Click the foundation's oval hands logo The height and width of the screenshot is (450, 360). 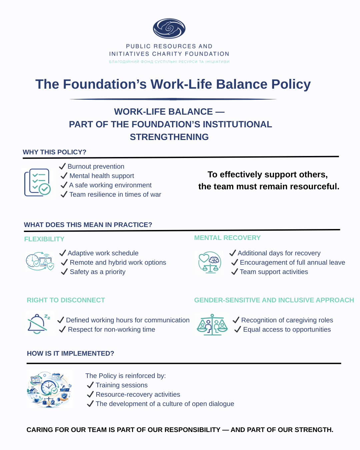click(x=169, y=28)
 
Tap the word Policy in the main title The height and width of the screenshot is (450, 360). click(x=291, y=84)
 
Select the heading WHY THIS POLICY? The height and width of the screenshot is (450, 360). click(x=54, y=152)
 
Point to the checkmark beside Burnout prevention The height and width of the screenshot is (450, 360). click(x=62, y=166)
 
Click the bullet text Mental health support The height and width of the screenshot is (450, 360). click(x=102, y=176)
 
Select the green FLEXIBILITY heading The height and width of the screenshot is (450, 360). click(x=44, y=239)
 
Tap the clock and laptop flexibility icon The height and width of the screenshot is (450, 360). click(x=40, y=261)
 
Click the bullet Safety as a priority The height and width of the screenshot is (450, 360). click(x=97, y=272)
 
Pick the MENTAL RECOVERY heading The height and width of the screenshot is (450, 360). click(x=227, y=238)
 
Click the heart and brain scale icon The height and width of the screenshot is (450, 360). click(x=209, y=262)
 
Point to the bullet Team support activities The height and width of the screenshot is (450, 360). click(x=274, y=272)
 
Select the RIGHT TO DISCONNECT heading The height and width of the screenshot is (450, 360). click(x=66, y=300)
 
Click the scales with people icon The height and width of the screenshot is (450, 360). click(x=212, y=324)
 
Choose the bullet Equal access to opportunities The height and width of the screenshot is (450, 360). click(x=287, y=329)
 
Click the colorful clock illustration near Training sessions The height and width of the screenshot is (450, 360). click(x=49, y=389)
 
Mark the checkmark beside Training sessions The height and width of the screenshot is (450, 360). click(x=90, y=385)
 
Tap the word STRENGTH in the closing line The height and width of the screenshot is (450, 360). click(x=313, y=430)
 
